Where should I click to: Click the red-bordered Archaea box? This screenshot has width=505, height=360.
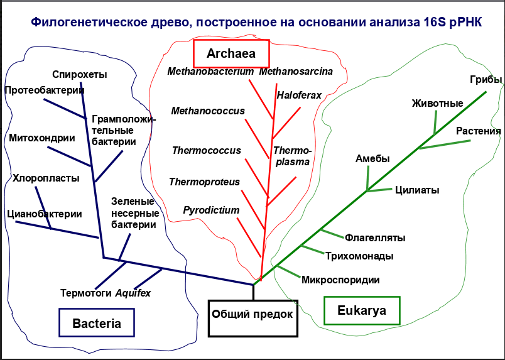click(231, 54)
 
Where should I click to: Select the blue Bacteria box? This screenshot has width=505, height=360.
click(97, 324)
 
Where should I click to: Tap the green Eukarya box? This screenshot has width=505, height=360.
click(361, 310)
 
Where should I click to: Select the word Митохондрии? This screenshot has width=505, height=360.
click(42, 138)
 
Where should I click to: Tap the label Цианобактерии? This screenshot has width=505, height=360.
click(45, 214)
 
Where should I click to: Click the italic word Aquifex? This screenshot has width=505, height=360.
click(133, 293)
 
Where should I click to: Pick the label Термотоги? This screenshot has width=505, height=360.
click(86, 293)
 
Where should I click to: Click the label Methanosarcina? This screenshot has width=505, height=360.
click(296, 72)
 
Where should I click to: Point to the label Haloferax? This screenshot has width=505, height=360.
click(299, 95)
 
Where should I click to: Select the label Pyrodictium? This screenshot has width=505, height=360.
click(212, 210)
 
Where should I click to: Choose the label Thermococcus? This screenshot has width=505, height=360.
click(207, 151)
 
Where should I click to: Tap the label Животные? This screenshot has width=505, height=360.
click(437, 103)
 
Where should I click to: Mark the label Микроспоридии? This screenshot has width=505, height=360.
click(340, 280)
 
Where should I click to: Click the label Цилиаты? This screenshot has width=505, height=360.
click(417, 190)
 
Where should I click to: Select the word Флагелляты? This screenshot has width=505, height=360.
click(375, 237)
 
